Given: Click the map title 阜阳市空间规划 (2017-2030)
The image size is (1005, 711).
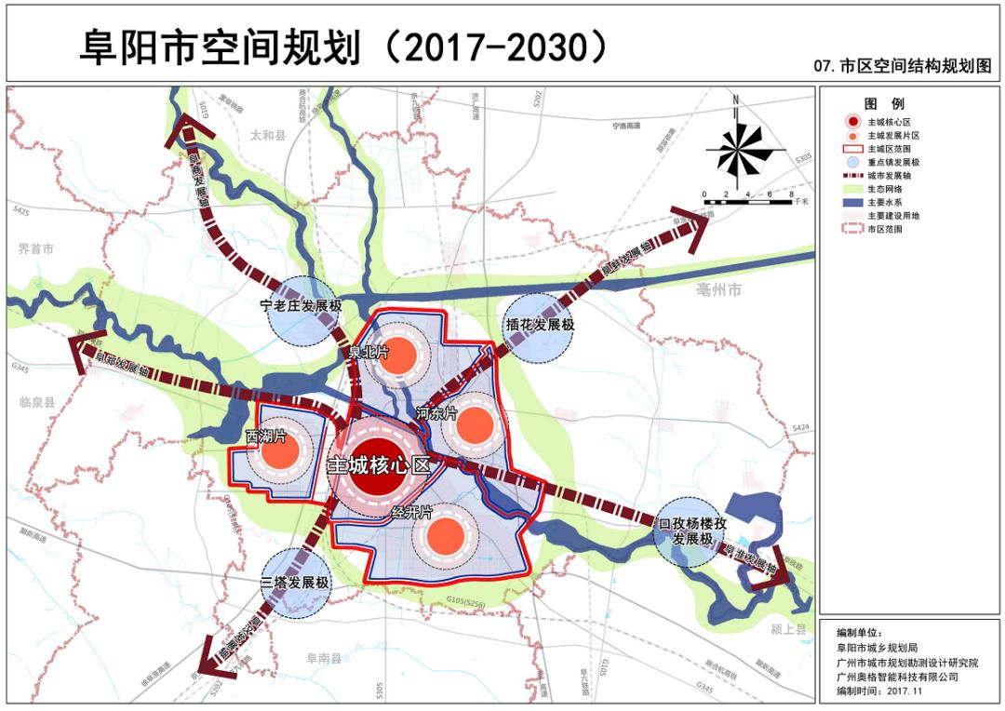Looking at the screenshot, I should (x=344, y=47).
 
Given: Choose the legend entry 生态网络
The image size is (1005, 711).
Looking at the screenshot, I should (x=884, y=188).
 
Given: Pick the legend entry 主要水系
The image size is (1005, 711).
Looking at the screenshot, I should (x=884, y=201).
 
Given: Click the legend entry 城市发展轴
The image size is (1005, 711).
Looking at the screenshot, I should (x=888, y=175).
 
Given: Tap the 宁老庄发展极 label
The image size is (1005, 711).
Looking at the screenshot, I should (x=301, y=304).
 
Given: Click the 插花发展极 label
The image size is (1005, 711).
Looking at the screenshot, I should (x=540, y=326).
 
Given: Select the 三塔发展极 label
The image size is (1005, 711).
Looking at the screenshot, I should (x=295, y=584).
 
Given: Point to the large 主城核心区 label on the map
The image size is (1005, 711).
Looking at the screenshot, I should (x=379, y=466).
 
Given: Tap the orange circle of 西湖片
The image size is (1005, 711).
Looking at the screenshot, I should (x=279, y=453).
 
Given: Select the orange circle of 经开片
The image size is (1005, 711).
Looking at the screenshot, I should (x=445, y=534).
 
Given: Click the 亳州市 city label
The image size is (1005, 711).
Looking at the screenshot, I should (x=719, y=291).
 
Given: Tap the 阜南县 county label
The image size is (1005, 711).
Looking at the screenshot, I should (x=325, y=658).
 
